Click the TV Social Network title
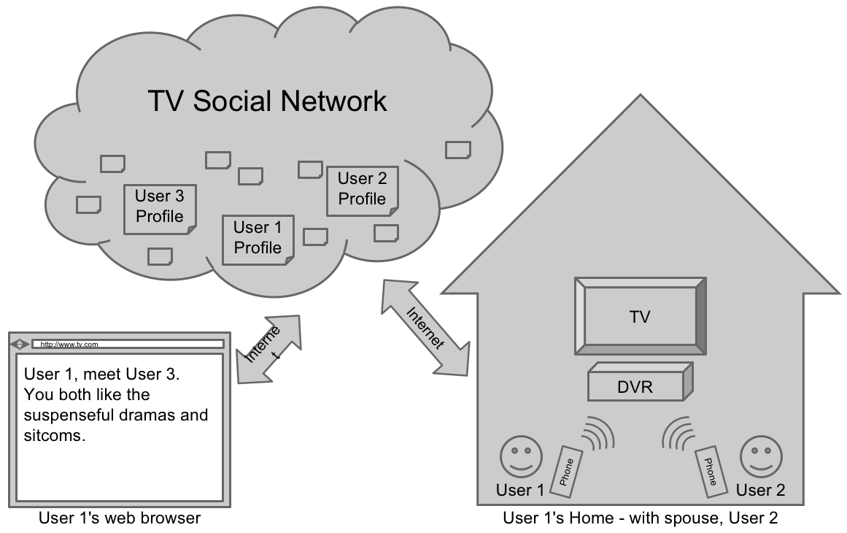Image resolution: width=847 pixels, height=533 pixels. pyautogui.click(x=267, y=101)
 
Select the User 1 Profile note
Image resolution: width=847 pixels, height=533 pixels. pyautogui.click(x=258, y=239)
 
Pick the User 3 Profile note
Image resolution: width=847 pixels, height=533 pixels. pyautogui.click(x=160, y=207)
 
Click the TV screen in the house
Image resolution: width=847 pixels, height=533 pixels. pyautogui.click(x=640, y=317)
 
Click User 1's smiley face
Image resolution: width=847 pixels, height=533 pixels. pyautogui.click(x=521, y=456)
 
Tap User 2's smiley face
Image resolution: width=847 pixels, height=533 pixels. pyautogui.click(x=761, y=456)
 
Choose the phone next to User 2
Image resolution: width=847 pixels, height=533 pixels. pyautogui.click(x=711, y=467)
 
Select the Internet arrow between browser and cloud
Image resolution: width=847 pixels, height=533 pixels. pyautogui.click(x=269, y=348)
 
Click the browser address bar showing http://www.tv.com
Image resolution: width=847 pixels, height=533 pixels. pyautogui.click(x=128, y=344)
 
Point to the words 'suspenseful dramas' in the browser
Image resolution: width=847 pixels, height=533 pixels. pyautogui.click(x=92, y=415)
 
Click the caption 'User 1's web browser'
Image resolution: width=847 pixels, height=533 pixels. pyautogui.click(x=119, y=518)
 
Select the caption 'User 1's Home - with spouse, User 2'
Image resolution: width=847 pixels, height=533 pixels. pyautogui.click(x=640, y=518)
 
